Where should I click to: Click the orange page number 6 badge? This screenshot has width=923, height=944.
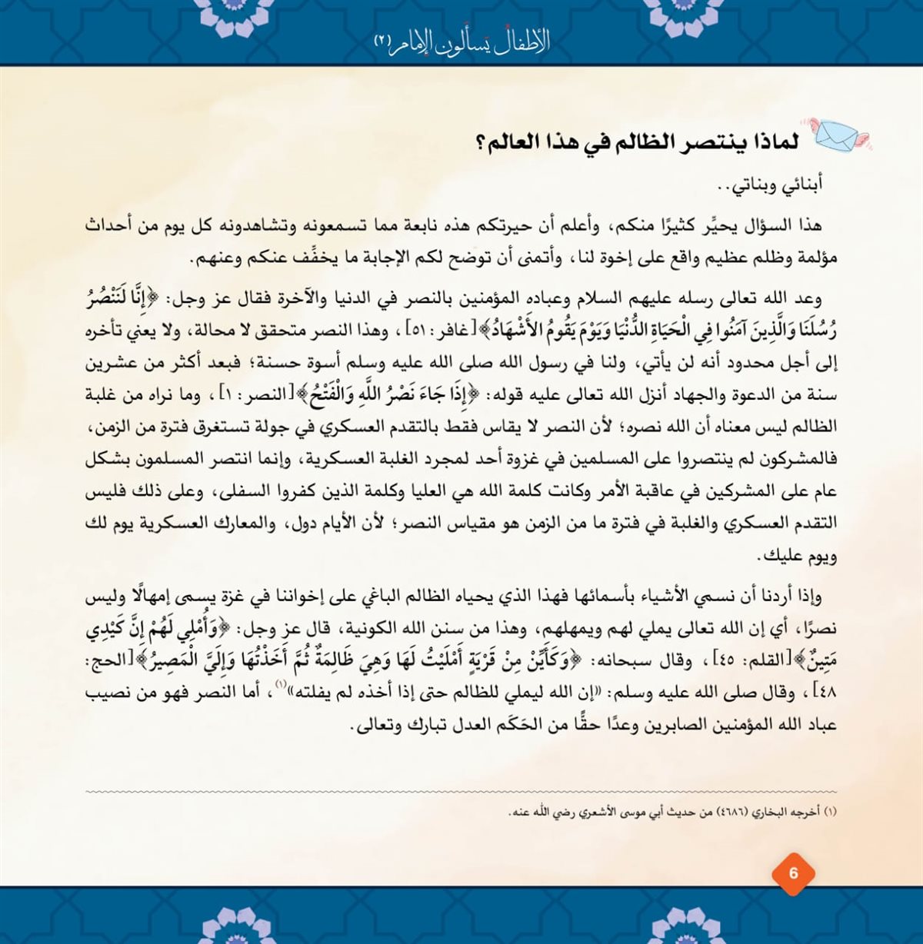[x=793, y=873]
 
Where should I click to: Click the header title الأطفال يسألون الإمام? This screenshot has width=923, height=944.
[x=461, y=42]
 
